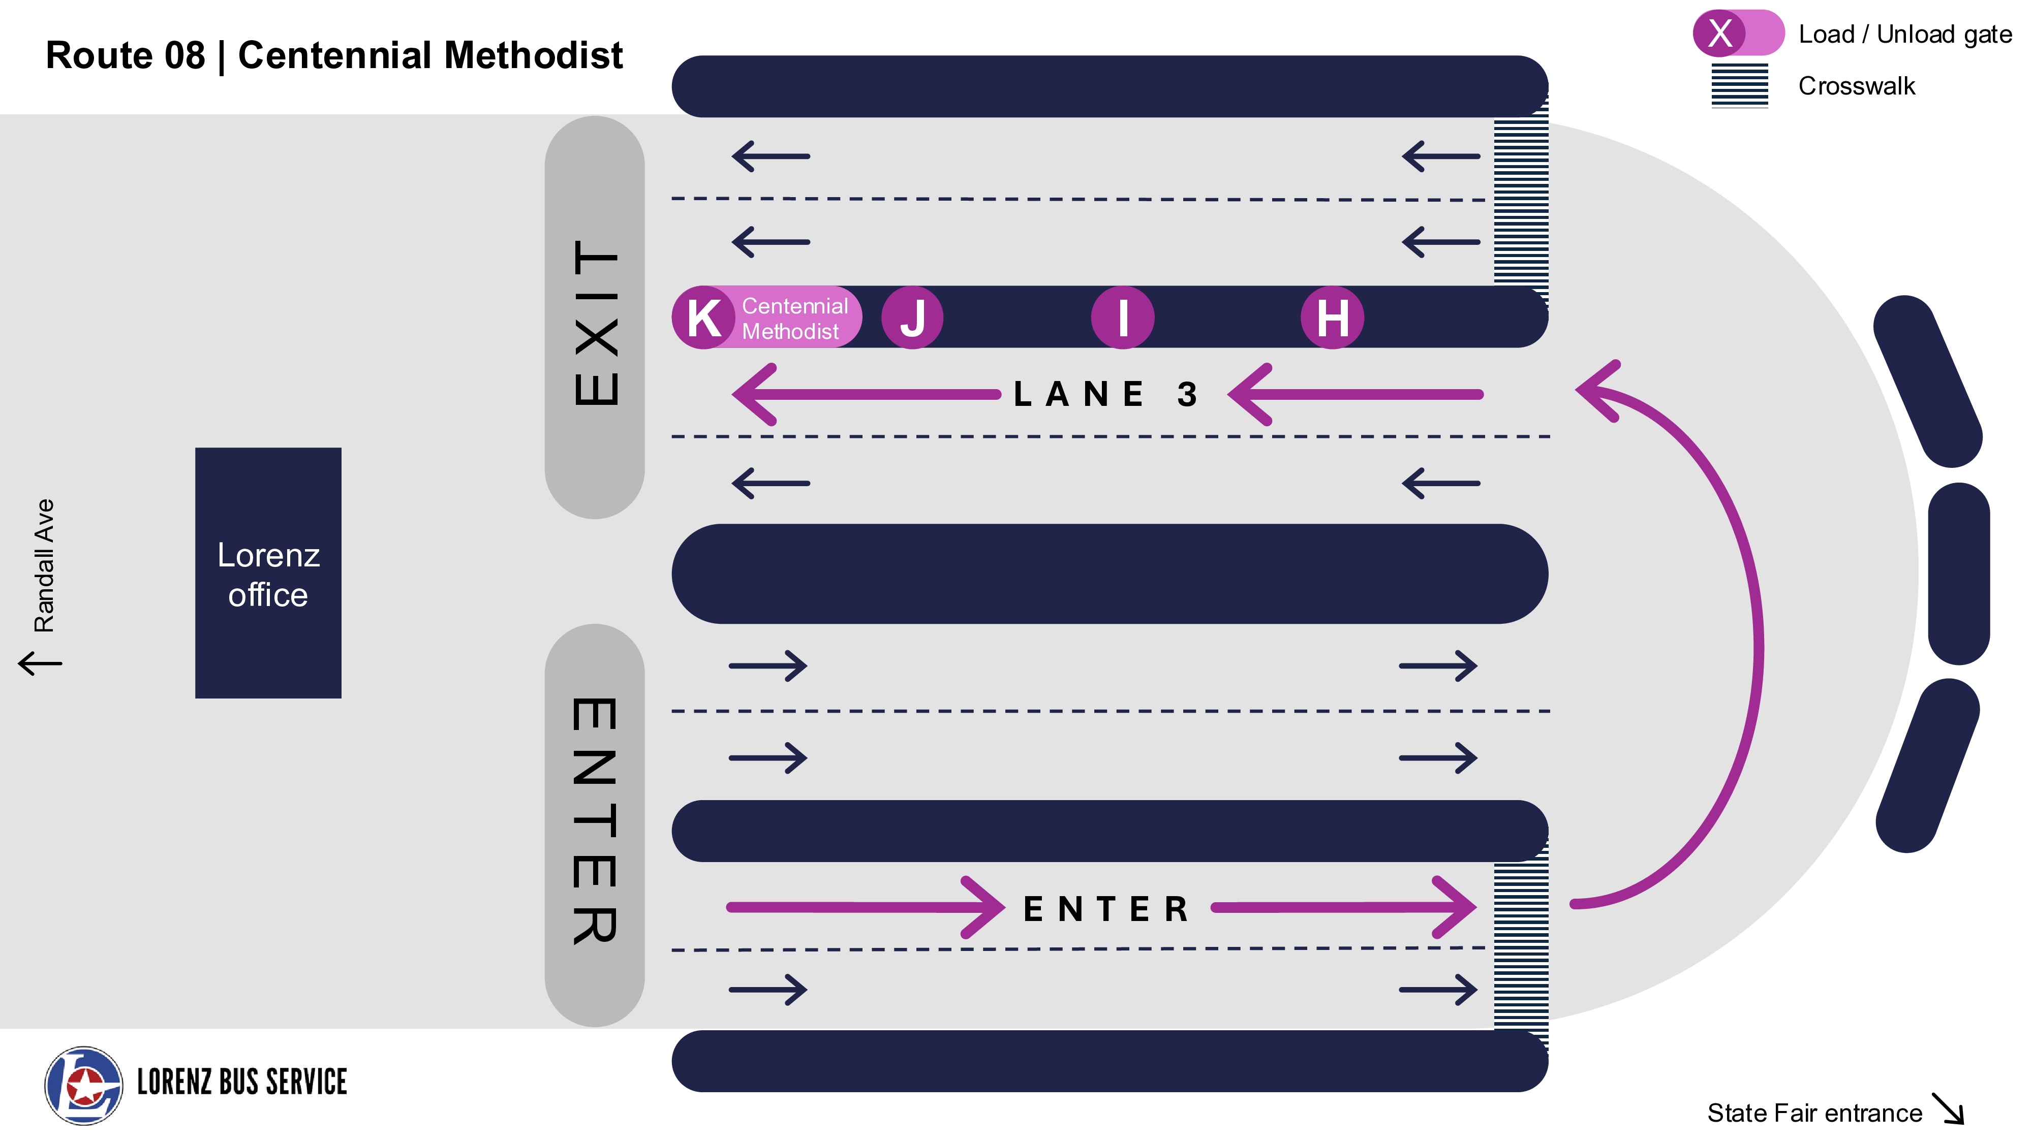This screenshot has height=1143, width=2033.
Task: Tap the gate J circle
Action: coord(912,317)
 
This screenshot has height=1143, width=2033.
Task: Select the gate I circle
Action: coord(1122,317)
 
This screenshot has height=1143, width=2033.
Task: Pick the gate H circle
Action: coord(1332,317)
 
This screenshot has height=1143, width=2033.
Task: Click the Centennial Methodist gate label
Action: coord(794,318)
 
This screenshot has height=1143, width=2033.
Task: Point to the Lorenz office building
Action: coord(268,574)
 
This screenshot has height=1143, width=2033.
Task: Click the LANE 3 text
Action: coord(1105,394)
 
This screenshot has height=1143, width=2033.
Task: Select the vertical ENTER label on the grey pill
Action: coord(595,820)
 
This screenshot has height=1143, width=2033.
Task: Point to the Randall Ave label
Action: coord(44,565)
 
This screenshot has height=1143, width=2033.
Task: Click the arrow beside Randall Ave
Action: coord(40,662)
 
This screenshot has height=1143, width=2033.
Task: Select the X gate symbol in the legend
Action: coord(1720,33)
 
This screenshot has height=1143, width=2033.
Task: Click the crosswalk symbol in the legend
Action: coord(1739,86)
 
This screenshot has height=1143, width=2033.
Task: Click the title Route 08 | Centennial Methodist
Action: coord(334,55)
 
